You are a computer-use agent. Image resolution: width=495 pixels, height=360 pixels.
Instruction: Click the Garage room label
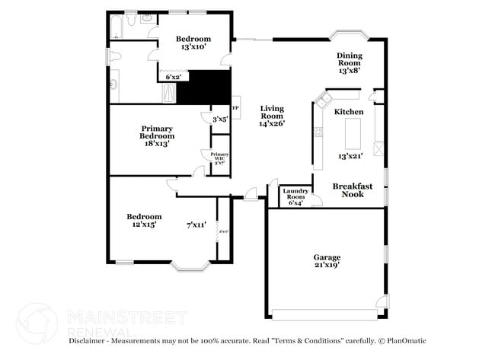pos(327,257)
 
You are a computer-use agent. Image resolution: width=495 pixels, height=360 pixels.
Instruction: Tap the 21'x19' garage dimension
pos(327,266)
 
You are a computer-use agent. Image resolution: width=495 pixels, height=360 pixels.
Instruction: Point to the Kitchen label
pos(350,112)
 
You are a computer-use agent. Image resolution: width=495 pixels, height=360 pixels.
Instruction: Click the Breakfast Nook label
pos(352,190)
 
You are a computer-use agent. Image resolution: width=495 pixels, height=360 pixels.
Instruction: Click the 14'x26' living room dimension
pos(271,123)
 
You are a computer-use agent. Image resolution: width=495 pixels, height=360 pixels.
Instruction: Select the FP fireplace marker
pos(235,108)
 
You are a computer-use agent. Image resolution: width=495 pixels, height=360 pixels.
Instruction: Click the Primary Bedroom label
pos(158,132)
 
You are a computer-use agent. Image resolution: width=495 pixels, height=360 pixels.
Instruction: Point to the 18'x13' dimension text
pos(158,144)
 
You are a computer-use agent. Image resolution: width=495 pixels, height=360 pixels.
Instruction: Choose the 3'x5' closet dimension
pos(220,119)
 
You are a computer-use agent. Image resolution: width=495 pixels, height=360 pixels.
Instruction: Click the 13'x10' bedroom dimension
pos(193,47)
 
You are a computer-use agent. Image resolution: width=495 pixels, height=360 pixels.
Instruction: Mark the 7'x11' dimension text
pos(196,225)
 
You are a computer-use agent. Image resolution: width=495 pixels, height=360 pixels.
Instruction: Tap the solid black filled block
pos(203,88)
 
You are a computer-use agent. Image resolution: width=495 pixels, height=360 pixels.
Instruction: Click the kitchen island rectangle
pos(353,135)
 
